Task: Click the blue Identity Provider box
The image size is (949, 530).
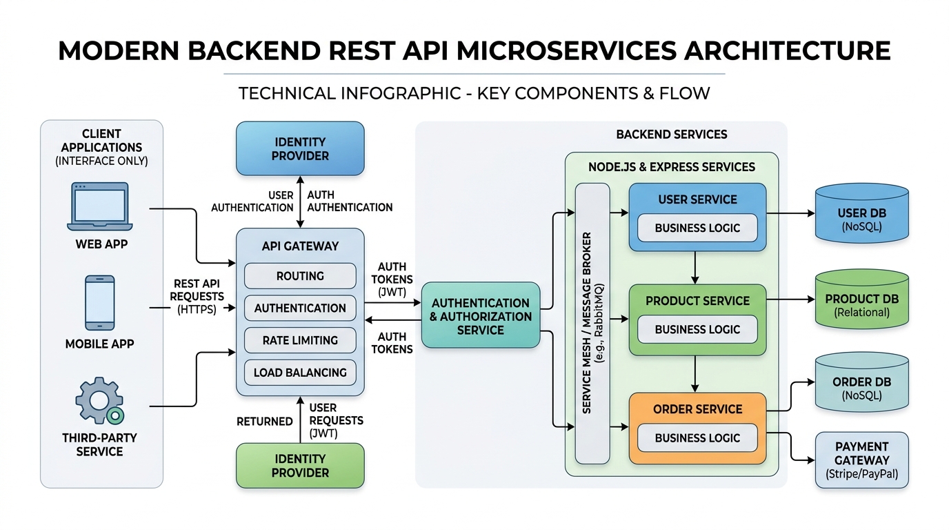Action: pyautogui.click(x=300, y=148)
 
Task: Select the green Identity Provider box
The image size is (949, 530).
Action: pyautogui.click(x=300, y=466)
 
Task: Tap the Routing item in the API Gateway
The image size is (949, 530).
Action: pyautogui.click(x=300, y=276)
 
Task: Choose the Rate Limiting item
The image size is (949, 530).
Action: pyautogui.click(x=300, y=340)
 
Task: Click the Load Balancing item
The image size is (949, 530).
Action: pyautogui.click(x=300, y=373)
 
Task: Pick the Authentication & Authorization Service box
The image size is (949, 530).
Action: pyautogui.click(x=481, y=315)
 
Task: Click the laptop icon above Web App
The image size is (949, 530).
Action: pyautogui.click(x=99, y=206)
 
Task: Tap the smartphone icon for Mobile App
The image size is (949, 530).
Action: pyautogui.click(x=99, y=303)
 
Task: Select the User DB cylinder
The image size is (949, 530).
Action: pyautogui.click(x=861, y=213)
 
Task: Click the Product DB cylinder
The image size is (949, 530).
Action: pyautogui.click(x=861, y=300)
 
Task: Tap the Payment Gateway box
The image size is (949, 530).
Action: pyautogui.click(x=861, y=460)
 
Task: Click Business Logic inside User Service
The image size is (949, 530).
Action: pyautogui.click(x=697, y=228)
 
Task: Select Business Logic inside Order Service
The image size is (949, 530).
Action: pyautogui.click(x=697, y=438)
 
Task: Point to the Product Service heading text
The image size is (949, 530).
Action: pyautogui.click(x=697, y=301)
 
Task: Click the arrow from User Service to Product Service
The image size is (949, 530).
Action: pyautogui.click(x=695, y=268)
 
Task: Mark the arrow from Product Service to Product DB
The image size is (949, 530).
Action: pyautogui.click(x=790, y=300)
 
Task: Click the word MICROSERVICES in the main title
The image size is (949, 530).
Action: pyautogui.click(x=566, y=51)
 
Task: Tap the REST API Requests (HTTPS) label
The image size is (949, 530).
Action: pyautogui.click(x=197, y=297)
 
